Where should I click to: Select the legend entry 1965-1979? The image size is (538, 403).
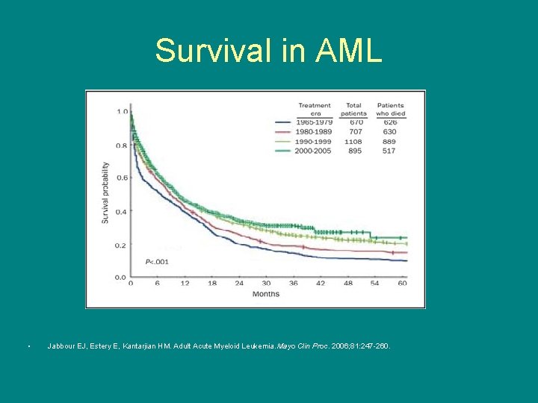click(x=314, y=122)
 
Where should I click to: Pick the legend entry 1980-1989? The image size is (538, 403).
click(x=314, y=132)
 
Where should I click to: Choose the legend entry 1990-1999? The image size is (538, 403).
click(x=314, y=141)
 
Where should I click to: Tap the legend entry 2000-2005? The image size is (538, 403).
click(x=314, y=151)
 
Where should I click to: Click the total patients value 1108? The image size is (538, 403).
click(x=353, y=141)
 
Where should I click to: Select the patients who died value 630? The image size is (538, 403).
click(x=389, y=132)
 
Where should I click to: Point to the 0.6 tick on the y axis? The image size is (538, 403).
click(x=121, y=178)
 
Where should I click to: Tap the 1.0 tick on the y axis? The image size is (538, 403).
click(x=121, y=112)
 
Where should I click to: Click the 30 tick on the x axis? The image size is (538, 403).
click(x=266, y=284)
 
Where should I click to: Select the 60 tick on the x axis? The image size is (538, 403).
click(x=402, y=284)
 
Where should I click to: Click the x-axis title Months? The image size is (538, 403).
click(x=265, y=294)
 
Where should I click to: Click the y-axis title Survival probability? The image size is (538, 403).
click(x=105, y=194)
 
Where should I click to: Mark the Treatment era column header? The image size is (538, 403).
click(x=314, y=109)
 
